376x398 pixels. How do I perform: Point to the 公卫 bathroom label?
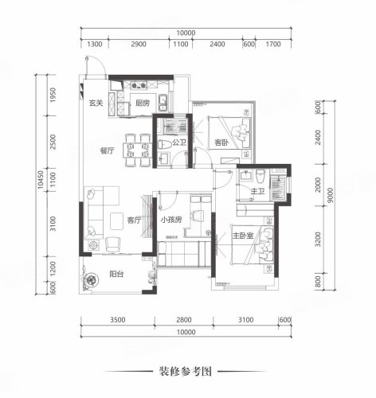(x=167, y=144)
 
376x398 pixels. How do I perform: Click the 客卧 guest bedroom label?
(x=221, y=144)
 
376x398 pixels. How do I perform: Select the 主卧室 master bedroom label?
(x=242, y=236)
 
